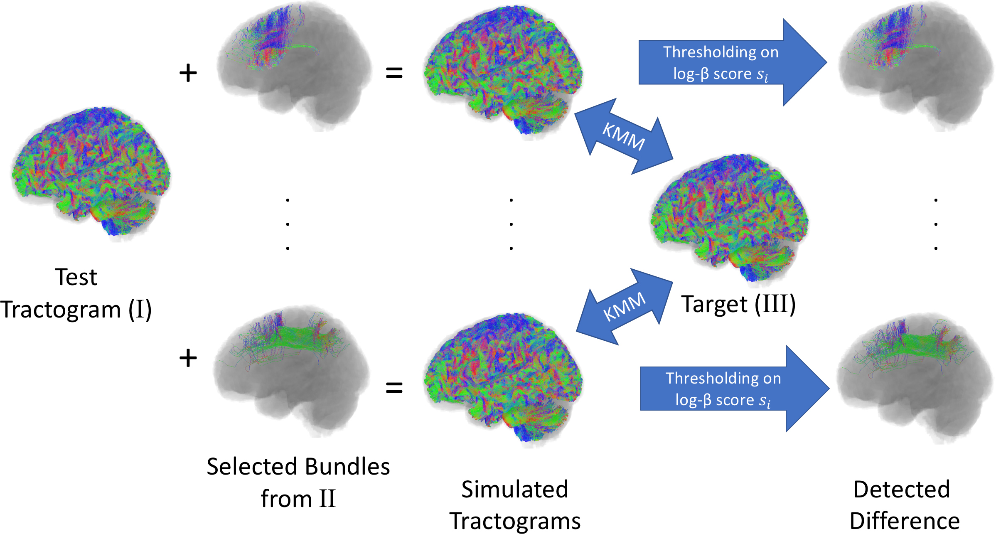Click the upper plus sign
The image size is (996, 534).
click(188, 73)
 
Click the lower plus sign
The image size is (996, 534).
click(188, 358)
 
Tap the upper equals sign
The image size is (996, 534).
click(394, 73)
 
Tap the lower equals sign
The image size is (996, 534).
click(394, 388)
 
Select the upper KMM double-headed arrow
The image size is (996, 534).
click(623, 136)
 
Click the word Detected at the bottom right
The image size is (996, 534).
click(901, 489)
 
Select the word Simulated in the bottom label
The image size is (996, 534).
click(514, 489)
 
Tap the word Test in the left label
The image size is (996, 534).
click(76, 277)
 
